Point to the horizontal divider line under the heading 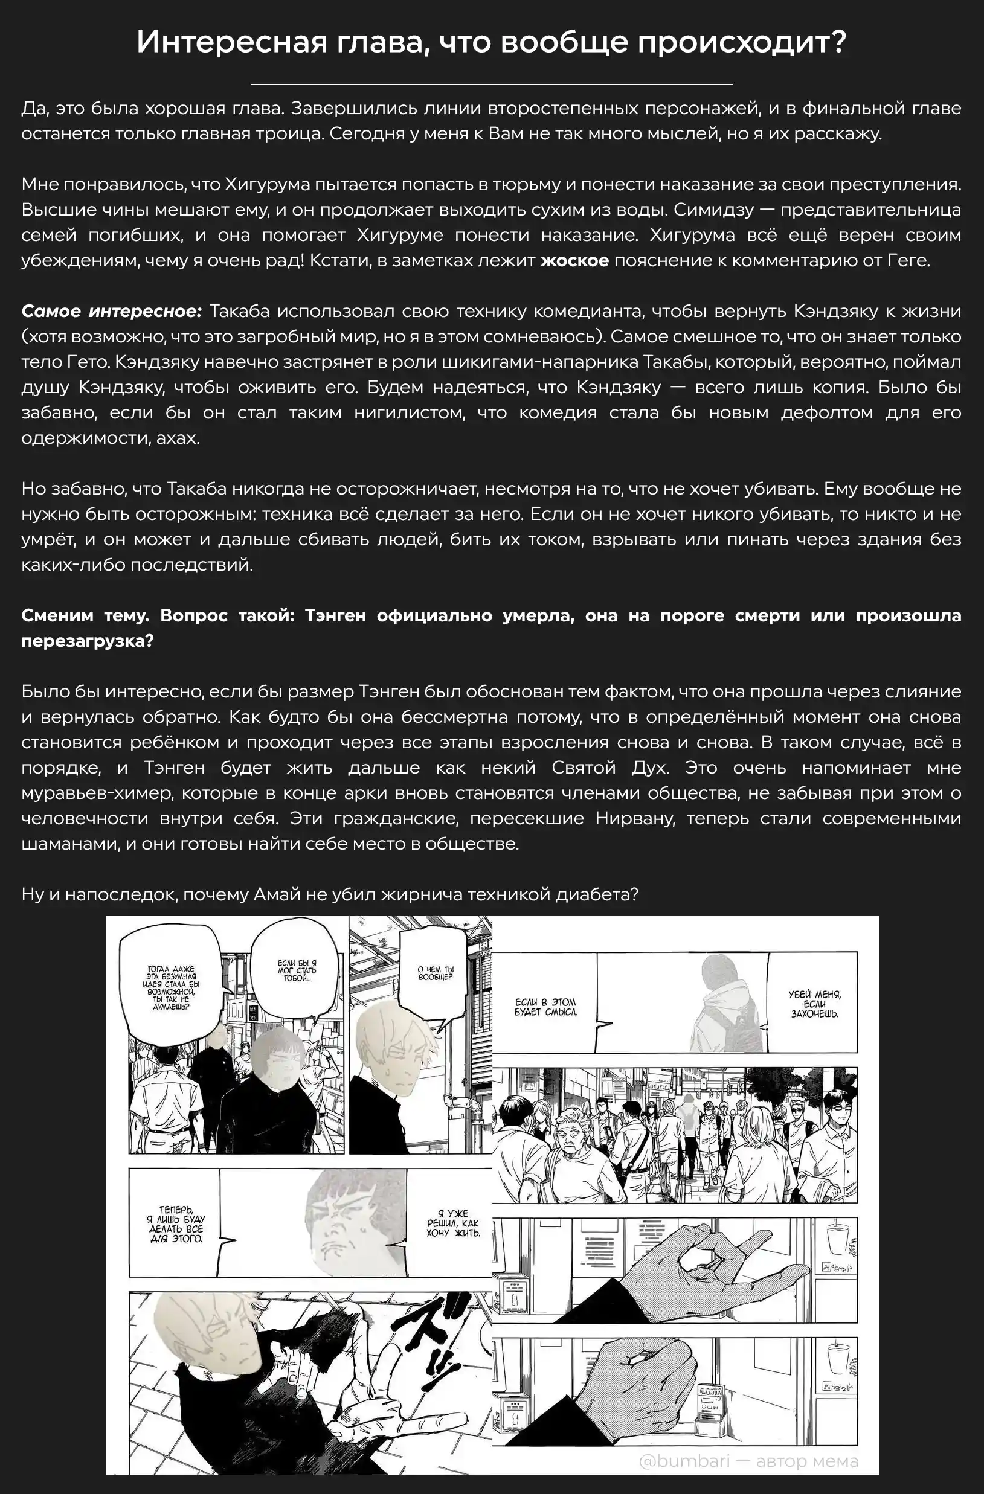(x=491, y=83)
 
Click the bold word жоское (x=574, y=260)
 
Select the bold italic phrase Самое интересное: (x=112, y=312)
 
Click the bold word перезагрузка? (x=86, y=641)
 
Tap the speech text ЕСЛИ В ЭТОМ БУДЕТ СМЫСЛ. (x=545, y=1007)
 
